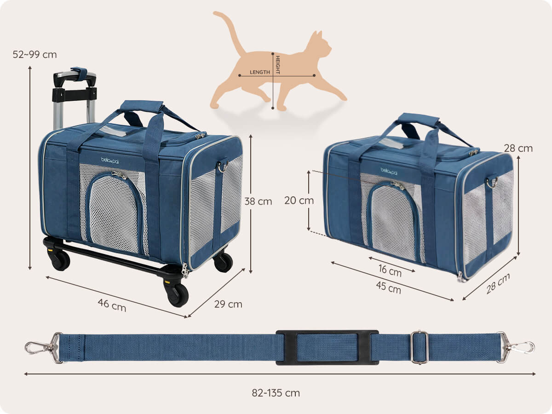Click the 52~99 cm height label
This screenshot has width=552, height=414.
point(34,55)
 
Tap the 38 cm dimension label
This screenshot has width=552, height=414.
point(258,201)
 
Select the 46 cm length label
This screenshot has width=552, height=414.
point(112,305)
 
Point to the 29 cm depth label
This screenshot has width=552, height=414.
point(228,304)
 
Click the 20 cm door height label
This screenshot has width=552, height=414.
point(299,201)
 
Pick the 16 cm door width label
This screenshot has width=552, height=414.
point(390,270)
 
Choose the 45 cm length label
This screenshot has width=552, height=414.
point(389,287)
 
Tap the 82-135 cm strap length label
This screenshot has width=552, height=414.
point(276,393)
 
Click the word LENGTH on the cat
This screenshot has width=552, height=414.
point(260,72)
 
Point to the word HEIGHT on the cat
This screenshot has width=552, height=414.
point(278,65)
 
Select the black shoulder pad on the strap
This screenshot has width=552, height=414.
point(327,347)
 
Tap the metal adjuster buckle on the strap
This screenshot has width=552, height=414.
point(419,347)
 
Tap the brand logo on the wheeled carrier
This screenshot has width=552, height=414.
point(109,161)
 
